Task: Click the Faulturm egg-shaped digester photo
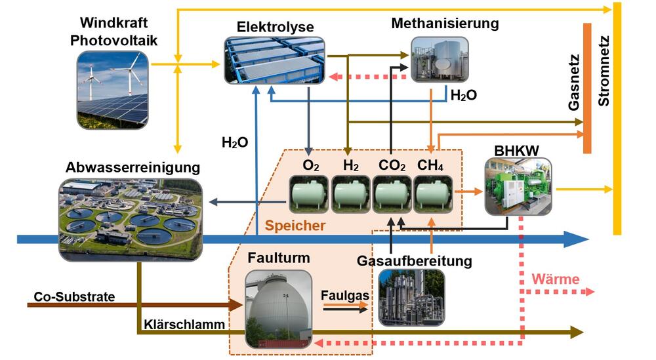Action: tap(275, 308)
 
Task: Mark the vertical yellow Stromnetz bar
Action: tap(617, 118)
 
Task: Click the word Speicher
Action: tap(295, 226)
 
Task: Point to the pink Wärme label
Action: tap(556, 279)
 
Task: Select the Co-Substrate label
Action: tap(74, 297)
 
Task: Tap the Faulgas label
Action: tap(344, 295)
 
